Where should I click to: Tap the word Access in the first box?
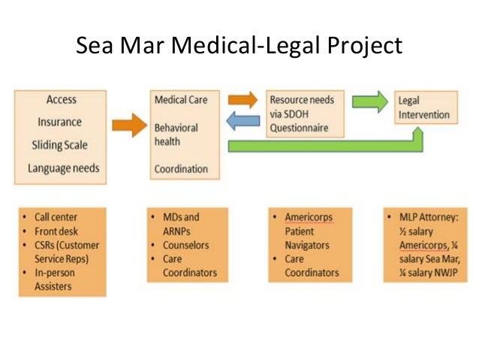click(x=62, y=100)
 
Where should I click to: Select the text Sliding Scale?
click(x=62, y=145)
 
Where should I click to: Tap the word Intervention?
click(x=425, y=115)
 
